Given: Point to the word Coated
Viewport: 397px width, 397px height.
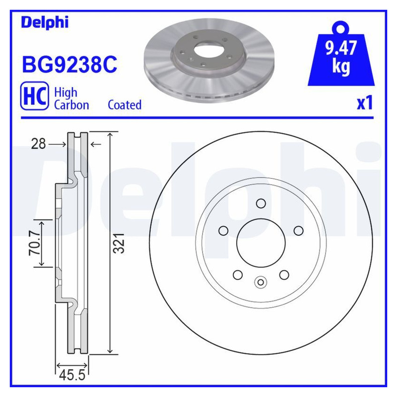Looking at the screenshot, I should (x=125, y=105).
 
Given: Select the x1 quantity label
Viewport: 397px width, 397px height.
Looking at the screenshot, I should (x=364, y=103).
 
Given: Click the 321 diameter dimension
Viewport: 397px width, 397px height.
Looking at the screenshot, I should (x=119, y=243).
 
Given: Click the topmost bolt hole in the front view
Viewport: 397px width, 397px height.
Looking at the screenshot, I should (x=261, y=203).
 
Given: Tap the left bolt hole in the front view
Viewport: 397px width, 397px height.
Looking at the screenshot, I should (x=223, y=230).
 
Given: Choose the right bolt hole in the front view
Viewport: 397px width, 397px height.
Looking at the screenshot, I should (x=298, y=230).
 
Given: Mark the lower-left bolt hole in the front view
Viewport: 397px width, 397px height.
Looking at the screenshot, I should (x=238, y=274).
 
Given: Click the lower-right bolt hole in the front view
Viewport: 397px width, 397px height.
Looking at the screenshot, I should (x=284, y=274).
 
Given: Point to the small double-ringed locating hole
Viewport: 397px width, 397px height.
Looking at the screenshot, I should (x=261, y=282).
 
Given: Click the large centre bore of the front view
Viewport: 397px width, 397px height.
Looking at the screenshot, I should (x=261, y=243).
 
